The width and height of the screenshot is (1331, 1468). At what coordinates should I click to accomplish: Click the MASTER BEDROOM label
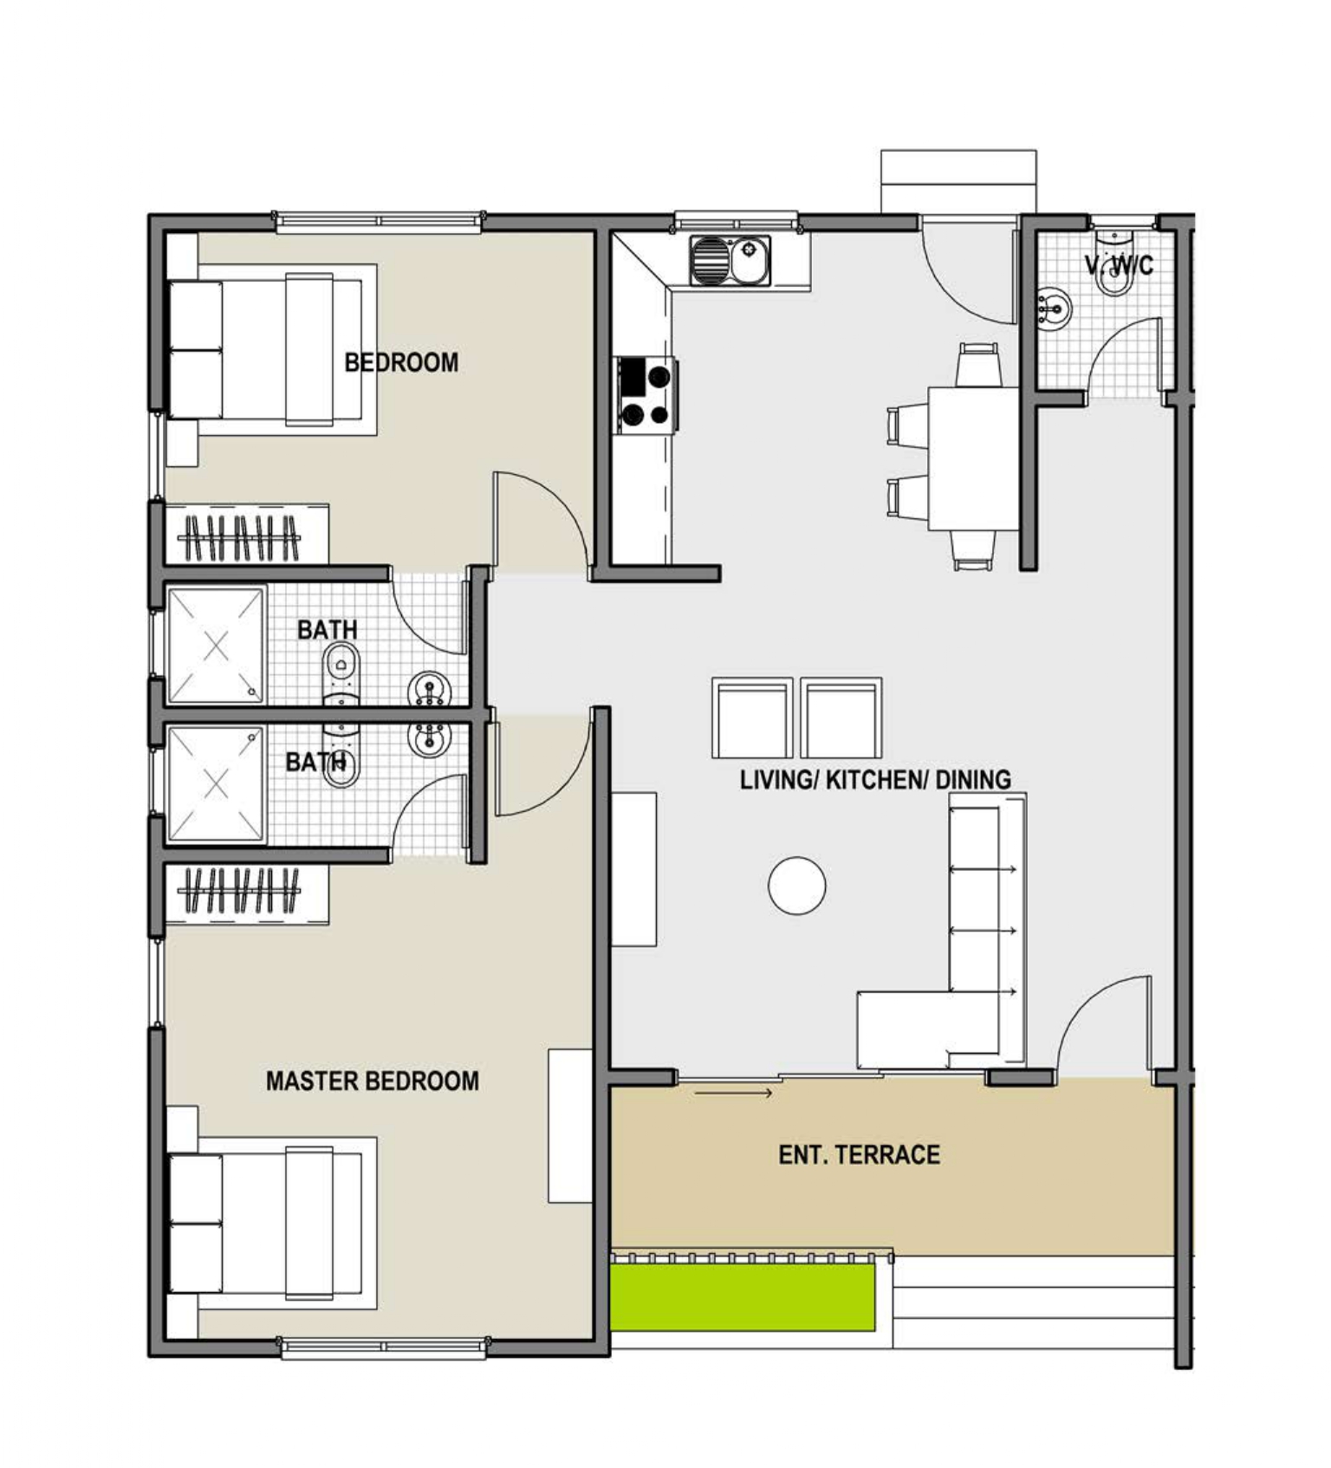pos(373,1081)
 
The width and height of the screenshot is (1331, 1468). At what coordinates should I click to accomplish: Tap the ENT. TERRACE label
pos(859,1154)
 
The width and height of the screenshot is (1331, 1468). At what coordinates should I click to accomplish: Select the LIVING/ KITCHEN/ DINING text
pos(875,780)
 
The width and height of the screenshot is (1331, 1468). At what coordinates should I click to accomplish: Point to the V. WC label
pos(1119,264)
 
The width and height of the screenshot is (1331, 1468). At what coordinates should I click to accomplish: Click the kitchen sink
pos(730,261)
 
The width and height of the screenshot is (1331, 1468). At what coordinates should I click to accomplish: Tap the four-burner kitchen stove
pos(646,395)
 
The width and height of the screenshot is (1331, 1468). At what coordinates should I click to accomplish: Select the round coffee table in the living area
pos(796,885)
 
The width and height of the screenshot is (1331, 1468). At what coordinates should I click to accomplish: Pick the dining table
pos(973,458)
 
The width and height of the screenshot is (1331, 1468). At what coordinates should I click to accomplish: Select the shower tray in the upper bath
pos(216,646)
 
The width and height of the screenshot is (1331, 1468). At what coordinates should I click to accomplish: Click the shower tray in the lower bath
pos(216,783)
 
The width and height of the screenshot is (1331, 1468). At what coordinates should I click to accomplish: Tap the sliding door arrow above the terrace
pos(733,1093)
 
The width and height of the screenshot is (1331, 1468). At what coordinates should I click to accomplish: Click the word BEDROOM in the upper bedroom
pos(401,362)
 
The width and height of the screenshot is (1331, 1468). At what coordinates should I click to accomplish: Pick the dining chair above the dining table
pos(978,365)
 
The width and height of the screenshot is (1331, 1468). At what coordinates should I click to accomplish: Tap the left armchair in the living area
pos(752,718)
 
